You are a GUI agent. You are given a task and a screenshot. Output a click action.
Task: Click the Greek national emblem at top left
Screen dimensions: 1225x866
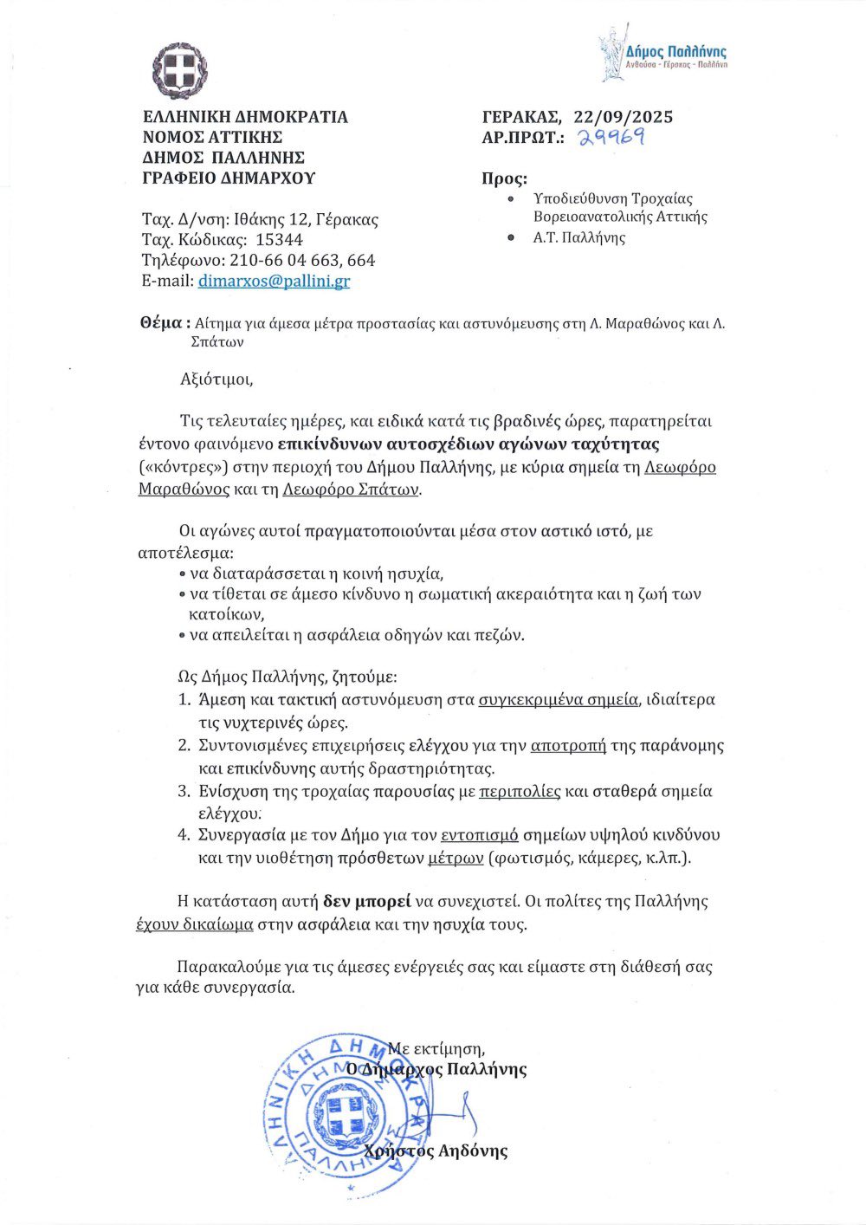[180, 71]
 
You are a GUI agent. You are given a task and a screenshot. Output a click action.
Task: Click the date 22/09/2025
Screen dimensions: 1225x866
[623, 117]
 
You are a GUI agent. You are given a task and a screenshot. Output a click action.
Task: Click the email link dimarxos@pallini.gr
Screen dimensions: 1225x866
[274, 281]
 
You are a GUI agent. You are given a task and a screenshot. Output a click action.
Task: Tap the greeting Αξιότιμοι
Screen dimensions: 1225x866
[217, 379]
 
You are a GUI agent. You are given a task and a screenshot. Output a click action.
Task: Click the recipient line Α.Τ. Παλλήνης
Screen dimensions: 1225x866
[579, 237]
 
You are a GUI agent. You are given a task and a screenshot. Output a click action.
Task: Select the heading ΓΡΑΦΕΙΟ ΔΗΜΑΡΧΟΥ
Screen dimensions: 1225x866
[229, 178]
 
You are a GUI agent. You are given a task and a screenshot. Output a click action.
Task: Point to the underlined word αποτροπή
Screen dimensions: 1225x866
[568, 745]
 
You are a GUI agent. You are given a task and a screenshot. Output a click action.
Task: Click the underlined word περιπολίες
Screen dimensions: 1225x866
[521, 791]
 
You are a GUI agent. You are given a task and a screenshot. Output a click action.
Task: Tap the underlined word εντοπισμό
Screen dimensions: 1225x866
[480, 836]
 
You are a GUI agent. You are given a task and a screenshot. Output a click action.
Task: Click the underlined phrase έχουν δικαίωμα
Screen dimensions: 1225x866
[195, 924]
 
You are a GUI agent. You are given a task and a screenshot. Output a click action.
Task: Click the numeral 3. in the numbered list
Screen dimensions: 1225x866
[184, 791]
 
